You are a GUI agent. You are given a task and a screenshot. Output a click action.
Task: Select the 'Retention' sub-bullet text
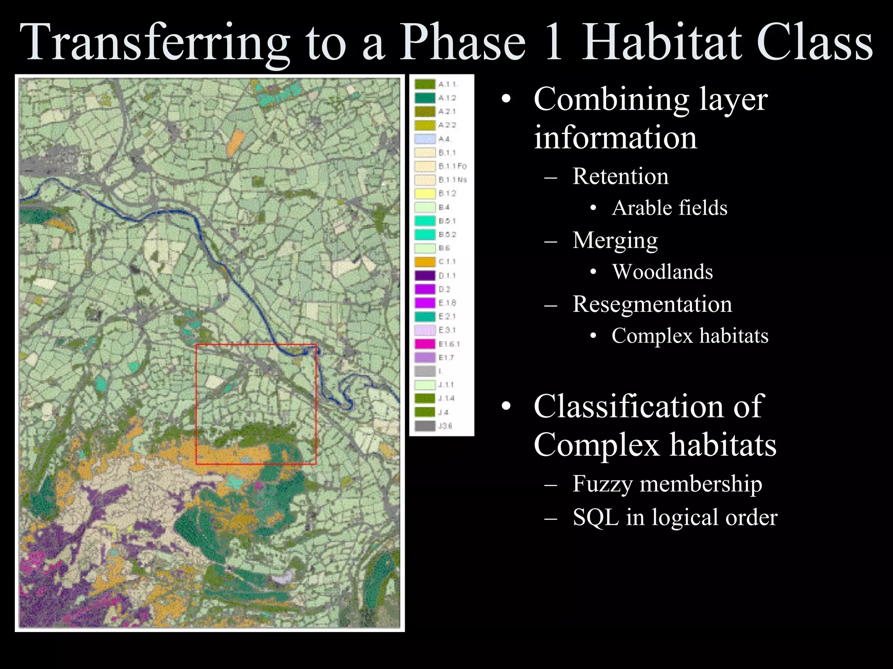[620, 176]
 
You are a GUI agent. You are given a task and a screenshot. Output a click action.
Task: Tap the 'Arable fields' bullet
[669, 208]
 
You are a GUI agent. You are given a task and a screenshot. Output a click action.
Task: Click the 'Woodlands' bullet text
[662, 272]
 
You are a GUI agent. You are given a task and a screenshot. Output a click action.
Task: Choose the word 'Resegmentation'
[652, 304]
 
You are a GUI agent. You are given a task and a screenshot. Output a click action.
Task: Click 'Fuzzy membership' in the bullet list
[667, 484]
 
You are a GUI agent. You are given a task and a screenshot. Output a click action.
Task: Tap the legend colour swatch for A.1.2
[425, 98]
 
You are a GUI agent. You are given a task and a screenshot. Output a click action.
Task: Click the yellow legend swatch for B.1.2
[425, 193]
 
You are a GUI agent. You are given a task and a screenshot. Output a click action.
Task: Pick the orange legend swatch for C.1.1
[425, 262]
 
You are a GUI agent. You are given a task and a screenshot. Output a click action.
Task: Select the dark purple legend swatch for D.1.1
[425, 276]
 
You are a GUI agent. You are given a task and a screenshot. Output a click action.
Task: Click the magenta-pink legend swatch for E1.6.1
[425, 344]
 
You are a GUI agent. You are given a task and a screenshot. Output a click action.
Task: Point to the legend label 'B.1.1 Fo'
[452, 166]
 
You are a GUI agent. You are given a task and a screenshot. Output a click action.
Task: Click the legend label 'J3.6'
[445, 426]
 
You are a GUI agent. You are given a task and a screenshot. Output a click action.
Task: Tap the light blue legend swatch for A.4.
[425, 139]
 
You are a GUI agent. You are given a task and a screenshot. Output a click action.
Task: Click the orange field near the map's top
[236, 142]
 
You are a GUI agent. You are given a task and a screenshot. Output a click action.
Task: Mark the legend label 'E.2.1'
[447, 317]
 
